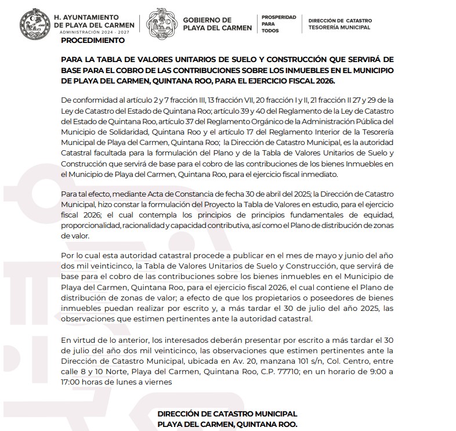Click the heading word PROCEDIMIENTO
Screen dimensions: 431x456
(92, 41)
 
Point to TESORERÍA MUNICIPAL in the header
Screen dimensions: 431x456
(340, 27)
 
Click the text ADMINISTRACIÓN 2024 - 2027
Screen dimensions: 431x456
(97, 34)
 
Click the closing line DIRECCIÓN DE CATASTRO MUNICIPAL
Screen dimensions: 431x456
(227, 413)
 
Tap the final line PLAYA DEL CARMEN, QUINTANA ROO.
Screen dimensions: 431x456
(227, 423)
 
